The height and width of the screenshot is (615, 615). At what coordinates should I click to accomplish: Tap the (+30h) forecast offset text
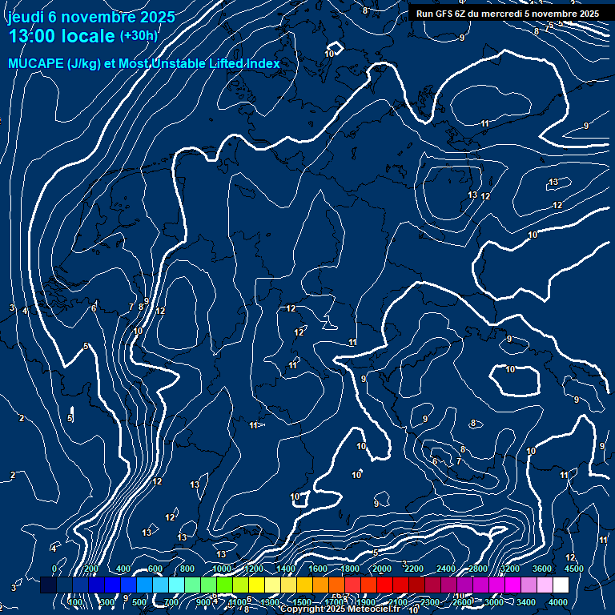139,36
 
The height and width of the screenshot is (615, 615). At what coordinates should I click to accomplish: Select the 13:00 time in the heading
34,36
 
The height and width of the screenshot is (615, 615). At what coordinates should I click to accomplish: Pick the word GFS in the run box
442,14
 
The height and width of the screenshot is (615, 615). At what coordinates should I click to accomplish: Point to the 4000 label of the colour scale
559,602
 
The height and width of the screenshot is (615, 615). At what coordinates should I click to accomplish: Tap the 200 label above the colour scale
90,569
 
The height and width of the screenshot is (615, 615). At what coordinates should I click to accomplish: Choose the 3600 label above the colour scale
542,569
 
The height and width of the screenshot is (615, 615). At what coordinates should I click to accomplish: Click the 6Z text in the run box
462,14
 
